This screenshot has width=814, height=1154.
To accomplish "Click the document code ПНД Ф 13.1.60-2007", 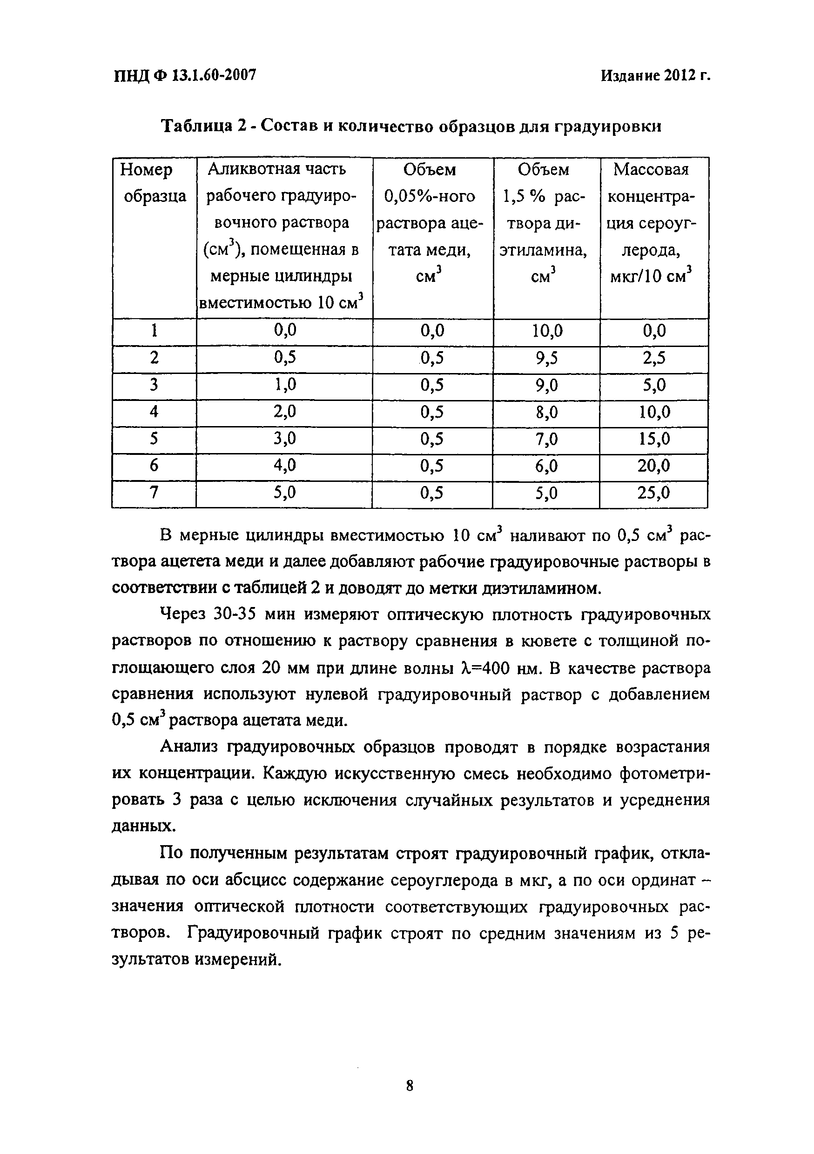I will click(x=184, y=75).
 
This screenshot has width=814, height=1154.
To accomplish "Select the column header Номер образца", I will click(x=153, y=183).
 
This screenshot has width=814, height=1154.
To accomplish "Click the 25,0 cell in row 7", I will click(x=653, y=493).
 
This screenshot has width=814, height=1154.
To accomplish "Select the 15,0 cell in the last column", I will click(x=653, y=439).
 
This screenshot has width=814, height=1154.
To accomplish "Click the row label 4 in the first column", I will click(x=154, y=412).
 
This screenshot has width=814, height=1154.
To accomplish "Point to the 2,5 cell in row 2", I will click(x=653, y=358).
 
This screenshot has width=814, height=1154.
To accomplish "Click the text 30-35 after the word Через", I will click(x=236, y=614).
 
